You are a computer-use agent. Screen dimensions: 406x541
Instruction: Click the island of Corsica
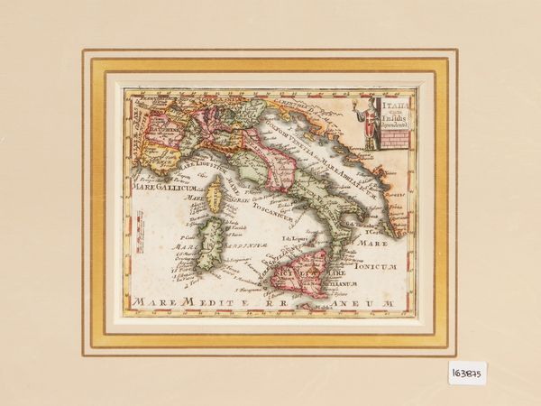215,194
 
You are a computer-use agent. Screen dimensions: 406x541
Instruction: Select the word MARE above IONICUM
373,244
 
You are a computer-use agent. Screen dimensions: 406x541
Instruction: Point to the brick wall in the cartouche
396,139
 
